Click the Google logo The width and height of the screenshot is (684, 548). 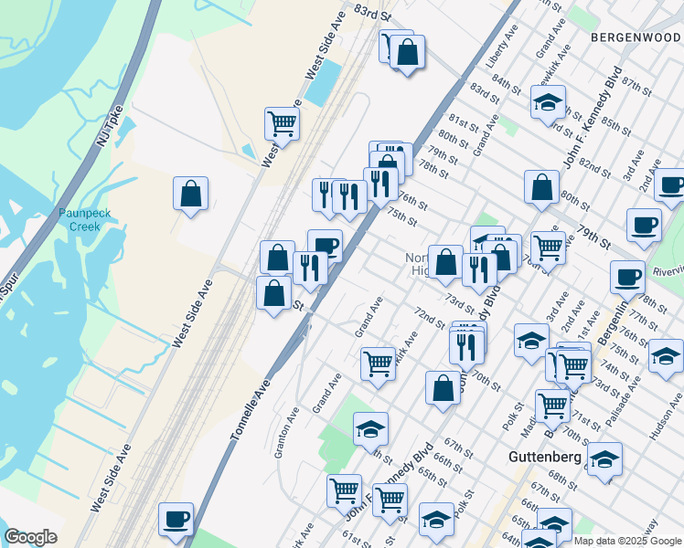30,537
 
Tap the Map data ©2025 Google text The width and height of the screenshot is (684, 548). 626,541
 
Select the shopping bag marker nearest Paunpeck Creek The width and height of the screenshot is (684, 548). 190,194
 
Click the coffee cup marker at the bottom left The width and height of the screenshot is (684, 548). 176,519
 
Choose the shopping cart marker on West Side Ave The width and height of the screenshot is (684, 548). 283,122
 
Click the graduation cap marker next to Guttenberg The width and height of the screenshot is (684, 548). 604,459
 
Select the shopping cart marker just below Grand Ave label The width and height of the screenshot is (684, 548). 378,363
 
